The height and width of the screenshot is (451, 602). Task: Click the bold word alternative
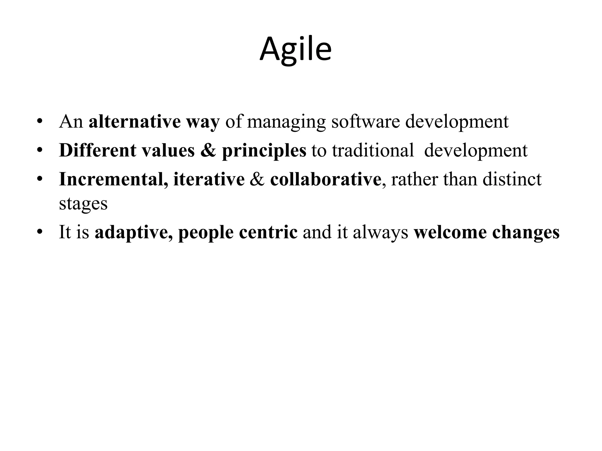point(134,121)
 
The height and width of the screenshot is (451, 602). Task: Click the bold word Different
point(97,150)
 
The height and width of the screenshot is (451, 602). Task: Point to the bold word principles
point(264,151)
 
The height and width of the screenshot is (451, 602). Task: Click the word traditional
point(373,150)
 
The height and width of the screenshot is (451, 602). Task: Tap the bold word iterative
point(209,179)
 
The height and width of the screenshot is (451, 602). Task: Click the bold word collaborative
point(325,179)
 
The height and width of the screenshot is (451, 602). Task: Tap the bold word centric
point(268,232)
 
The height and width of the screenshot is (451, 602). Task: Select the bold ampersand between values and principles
point(208,150)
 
